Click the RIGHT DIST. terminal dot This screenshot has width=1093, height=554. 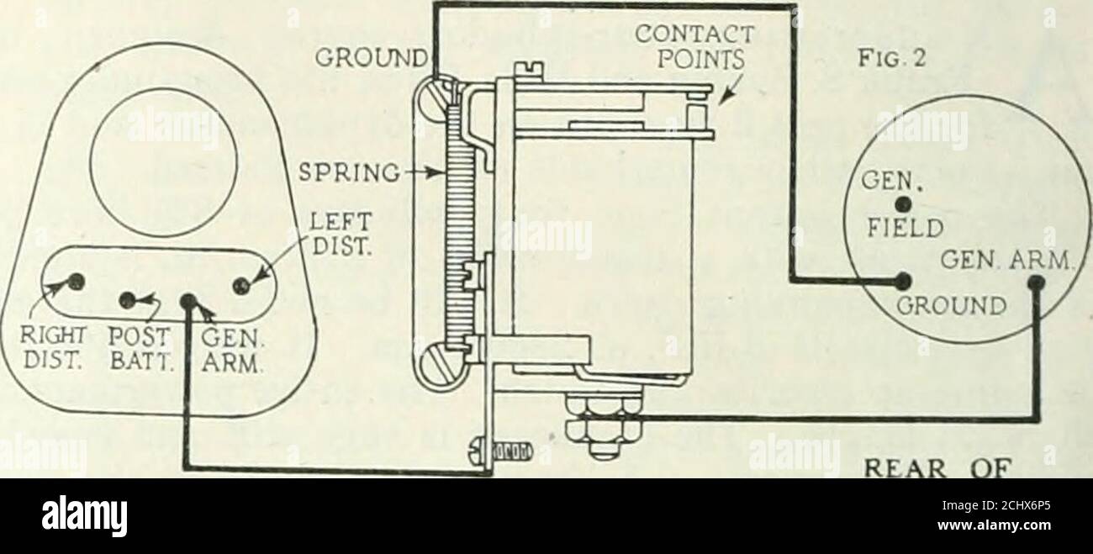point(76,281)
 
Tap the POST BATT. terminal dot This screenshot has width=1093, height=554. point(128,300)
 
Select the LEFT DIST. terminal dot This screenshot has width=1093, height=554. point(241,286)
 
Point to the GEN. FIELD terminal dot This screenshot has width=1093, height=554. point(902,203)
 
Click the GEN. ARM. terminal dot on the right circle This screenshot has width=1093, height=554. point(1037,282)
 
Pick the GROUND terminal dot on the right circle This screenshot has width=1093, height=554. point(904,281)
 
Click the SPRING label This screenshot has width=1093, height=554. point(350,172)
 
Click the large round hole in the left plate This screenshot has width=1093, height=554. point(164,161)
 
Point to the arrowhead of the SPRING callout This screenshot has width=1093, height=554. point(436,172)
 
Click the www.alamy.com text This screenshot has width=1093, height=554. point(994,525)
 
